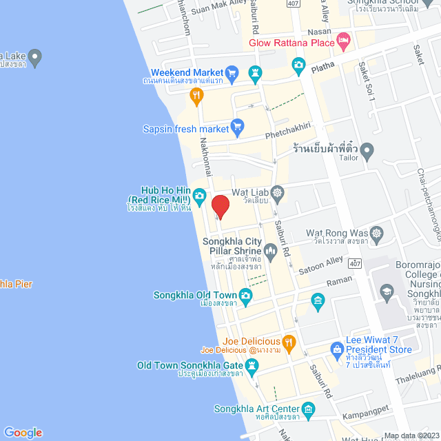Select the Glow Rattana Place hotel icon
click(344, 43)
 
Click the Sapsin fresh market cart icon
click(238, 126)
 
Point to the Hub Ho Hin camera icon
click(199, 196)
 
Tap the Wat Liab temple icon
click(278, 192)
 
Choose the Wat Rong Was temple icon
click(376, 233)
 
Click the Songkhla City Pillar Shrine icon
click(270, 252)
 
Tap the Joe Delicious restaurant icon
click(289, 340)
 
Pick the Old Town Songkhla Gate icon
click(251, 366)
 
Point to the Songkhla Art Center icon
click(308, 409)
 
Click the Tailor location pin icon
click(367, 149)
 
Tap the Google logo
click(23, 432)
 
